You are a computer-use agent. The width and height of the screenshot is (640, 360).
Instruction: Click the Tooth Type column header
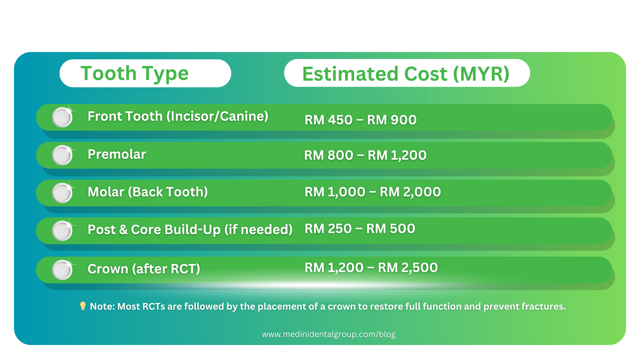[135, 74]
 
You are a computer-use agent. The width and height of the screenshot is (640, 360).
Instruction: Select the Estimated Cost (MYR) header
[406, 74]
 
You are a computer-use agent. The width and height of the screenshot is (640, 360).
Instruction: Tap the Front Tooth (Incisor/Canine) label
[178, 116]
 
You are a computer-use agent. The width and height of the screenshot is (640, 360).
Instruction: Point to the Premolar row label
[117, 154]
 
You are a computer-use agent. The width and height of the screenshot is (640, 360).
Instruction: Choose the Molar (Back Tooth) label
[148, 192]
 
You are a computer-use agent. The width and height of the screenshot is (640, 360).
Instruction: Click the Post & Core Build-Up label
[190, 230]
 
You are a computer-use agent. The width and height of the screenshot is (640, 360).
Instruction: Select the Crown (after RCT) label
[144, 269]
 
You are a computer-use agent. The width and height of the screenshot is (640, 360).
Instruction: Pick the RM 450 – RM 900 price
[361, 120]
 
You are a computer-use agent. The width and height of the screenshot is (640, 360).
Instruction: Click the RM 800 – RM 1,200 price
[365, 155]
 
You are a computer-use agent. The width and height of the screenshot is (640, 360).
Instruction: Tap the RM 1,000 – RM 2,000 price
[373, 192]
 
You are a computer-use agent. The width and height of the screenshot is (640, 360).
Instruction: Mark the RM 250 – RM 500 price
[360, 229]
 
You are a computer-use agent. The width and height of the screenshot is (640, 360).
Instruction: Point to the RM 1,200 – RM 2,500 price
[371, 268]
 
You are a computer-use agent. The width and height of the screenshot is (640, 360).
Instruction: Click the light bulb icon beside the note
[83, 306]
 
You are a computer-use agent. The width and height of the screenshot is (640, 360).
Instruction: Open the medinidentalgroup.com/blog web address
[329, 334]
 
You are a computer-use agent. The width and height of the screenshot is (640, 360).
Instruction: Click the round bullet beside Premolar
[62, 155]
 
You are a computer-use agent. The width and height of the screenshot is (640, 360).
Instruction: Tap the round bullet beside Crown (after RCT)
[62, 270]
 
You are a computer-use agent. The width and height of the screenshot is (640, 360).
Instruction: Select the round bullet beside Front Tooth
[62, 117]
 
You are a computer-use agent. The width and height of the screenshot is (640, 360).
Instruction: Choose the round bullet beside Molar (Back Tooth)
[62, 193]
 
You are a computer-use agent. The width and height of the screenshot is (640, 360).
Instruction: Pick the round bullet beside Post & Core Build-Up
[62, 231]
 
